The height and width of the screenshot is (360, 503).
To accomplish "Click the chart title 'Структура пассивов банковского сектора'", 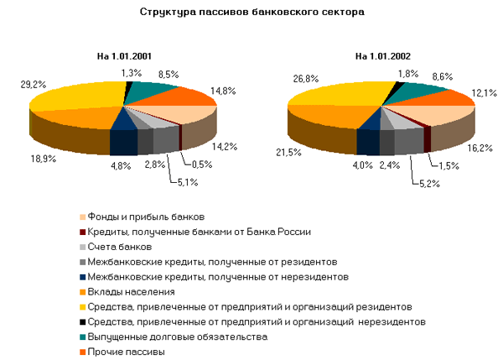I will (251, 14).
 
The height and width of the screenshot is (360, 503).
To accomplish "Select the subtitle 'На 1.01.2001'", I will (125, 56).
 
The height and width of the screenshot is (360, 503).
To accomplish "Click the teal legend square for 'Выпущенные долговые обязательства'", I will (81, 337).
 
